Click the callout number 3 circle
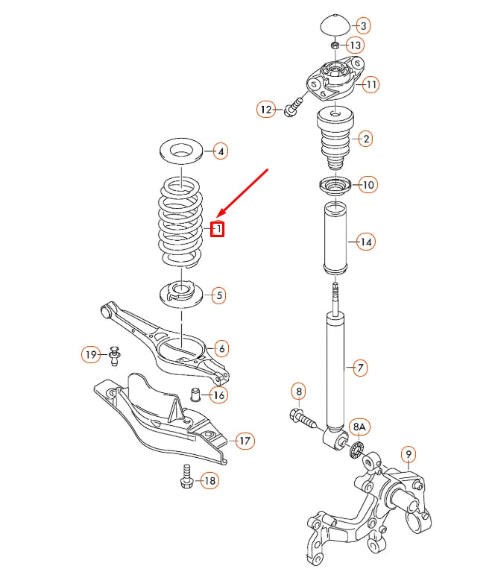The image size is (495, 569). point(363,26)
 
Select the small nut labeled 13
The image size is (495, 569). point(335,46)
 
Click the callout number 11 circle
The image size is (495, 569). point(371,84)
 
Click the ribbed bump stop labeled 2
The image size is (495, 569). point(335,138)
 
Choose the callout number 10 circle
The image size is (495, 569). point(368,184)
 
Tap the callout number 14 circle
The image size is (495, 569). point(365,242)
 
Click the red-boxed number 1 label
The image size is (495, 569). point(218,229)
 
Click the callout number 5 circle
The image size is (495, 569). point(218,296)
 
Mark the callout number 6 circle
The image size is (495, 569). point(221,348)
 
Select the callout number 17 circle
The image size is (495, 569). point(245,441)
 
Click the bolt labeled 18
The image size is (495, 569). point(186,478)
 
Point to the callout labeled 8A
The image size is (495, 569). point(360,427)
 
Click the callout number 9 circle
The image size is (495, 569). point(408,453)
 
